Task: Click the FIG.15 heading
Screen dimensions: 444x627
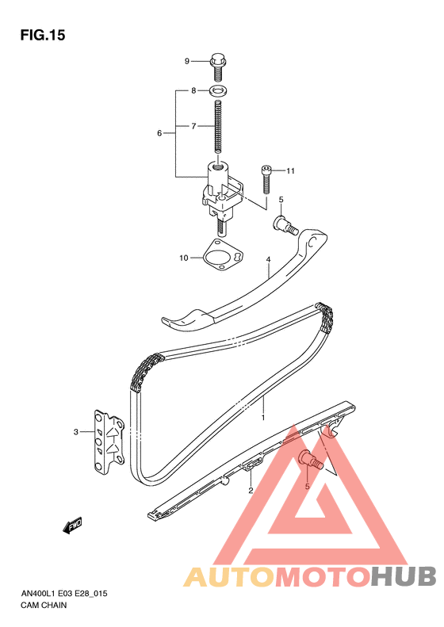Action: pos(43,36)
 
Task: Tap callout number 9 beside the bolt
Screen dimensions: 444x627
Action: pos(187,61)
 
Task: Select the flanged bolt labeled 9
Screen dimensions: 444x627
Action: pos(217,67)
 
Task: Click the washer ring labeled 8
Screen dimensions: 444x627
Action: pos(218,91)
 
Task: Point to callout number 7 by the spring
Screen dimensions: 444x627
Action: pos(193,126)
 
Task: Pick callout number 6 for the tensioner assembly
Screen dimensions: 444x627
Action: pos(159,133)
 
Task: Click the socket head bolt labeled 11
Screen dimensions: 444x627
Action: pos(266,180)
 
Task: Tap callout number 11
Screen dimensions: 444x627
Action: pos(290,171)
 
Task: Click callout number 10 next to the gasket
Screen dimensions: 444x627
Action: pos(184,258)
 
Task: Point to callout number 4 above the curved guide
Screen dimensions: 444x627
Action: pos(269,259)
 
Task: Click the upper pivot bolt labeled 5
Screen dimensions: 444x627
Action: pos(285,225)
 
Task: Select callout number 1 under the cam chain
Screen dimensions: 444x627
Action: pos(263,418)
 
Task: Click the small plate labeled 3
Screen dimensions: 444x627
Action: pos(109,442)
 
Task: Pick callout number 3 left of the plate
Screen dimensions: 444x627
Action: pos(75,432)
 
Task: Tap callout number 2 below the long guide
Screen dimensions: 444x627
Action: pos(251,490)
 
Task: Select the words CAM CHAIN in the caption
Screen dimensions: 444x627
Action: pos(44,606)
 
